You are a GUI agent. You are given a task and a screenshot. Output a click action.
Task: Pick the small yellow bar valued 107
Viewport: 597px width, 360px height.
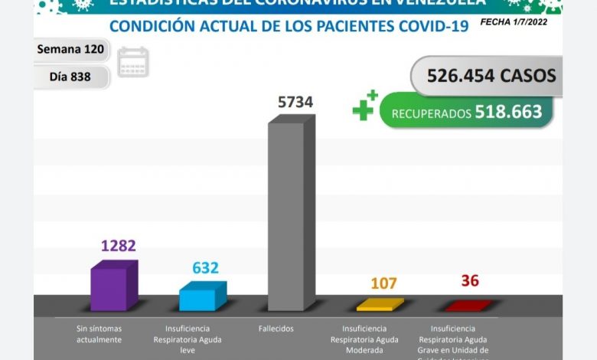(x=380, y=305)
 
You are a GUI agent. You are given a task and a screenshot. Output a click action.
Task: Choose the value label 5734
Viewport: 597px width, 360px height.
(x=295, y=102)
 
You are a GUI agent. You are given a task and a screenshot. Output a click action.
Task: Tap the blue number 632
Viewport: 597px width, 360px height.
(x=205, y=268)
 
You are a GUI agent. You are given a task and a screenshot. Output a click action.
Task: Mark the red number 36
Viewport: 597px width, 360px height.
(x=469, y=281)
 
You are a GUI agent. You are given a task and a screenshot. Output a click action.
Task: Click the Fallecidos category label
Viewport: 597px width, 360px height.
(x=286, y=329)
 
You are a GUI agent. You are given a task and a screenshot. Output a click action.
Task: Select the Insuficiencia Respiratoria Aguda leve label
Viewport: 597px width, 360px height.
(x=197, y=339)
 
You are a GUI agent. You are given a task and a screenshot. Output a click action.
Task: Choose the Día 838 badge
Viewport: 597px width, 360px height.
(x=71, y=77)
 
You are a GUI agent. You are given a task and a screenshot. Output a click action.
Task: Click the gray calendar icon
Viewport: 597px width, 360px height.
(x=134, y=62)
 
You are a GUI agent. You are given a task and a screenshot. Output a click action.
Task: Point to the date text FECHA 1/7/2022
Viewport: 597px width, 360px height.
(x=519, y=22)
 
